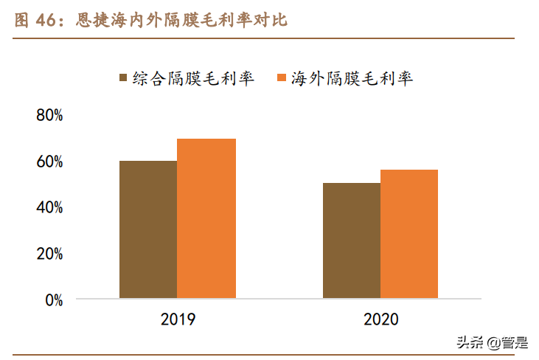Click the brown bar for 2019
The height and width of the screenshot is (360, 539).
coord(148,229)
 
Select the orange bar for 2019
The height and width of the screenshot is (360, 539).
coord(206,218)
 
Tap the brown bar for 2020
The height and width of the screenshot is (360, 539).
coord(352,240)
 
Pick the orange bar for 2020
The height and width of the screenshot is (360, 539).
coord(409,234)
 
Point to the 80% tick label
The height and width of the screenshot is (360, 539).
coord(49,116)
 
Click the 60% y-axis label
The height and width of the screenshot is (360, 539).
coord(49,162)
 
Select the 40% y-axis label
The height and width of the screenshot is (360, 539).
coord(49,208)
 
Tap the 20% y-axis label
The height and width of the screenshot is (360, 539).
coord(49,254)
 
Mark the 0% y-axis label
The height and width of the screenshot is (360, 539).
coord(54,300)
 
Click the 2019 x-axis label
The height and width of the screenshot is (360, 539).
coord(178,319)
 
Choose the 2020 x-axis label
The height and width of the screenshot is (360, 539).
coord(380,319)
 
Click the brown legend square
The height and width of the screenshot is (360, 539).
coord(123,78)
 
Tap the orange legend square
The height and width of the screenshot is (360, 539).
coord(281,78)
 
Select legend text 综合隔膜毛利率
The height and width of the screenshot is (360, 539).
coord(193,78)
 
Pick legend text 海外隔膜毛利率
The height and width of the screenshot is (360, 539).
coord(352,78)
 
